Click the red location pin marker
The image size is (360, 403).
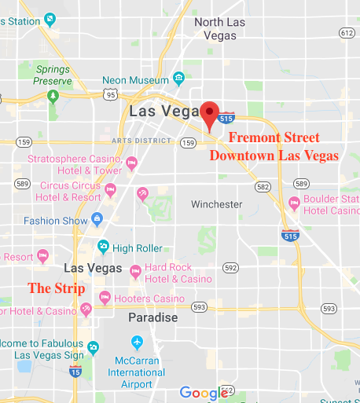[x=209, y=114]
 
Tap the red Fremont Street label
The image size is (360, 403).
[x=274, y=137]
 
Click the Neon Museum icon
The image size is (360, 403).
[x=179, y=79]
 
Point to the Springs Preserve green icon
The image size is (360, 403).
[x=53, y=97]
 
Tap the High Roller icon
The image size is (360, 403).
[x=103, y=247]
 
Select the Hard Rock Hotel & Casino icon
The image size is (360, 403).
[x=135, y=271]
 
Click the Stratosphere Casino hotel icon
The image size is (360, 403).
[x=131, y=163]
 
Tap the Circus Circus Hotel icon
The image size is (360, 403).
[x=111, y=189]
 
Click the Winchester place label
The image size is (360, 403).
[x=217, y=204]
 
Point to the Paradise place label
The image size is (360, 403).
[x=153, y=318]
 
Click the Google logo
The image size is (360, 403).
[x=204, y=392]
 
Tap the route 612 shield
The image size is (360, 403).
[x=347, y=32]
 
